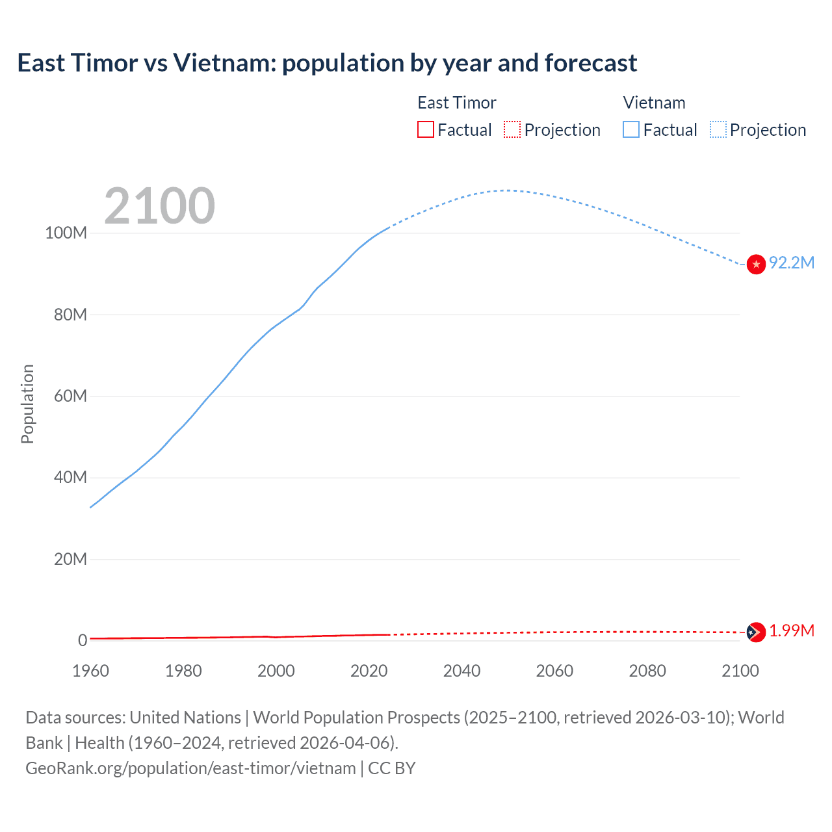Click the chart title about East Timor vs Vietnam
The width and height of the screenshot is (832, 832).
coord(327,63)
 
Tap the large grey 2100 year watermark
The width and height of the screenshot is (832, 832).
coord(159,206)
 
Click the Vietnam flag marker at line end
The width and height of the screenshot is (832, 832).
coord(756,264)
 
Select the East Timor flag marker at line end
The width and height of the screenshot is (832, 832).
coord(755,632)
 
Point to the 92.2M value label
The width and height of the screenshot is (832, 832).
coord(791,263)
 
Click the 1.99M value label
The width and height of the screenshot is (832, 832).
coord(791,630)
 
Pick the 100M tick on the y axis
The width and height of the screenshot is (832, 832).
coord(66,233)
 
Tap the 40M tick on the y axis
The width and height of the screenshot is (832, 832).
coord(70,477)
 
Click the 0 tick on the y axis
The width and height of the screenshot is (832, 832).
coord(82,640)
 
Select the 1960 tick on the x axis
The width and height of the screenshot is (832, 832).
coord(90,671)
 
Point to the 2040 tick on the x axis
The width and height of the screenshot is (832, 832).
coord(461,671)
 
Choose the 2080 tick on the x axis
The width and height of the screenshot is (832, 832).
coord(647,671)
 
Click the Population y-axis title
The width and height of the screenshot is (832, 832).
coord(27,404)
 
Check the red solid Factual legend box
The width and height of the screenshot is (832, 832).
coord(425,129)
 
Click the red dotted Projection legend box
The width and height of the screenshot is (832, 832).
coord(512,129)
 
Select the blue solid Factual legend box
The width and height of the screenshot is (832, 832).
coord(630,129)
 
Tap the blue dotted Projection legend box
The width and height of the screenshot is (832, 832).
coord(718,129)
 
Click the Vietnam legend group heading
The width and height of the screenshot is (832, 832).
coord(654,103)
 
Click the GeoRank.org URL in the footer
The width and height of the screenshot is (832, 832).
coord(190,768)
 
